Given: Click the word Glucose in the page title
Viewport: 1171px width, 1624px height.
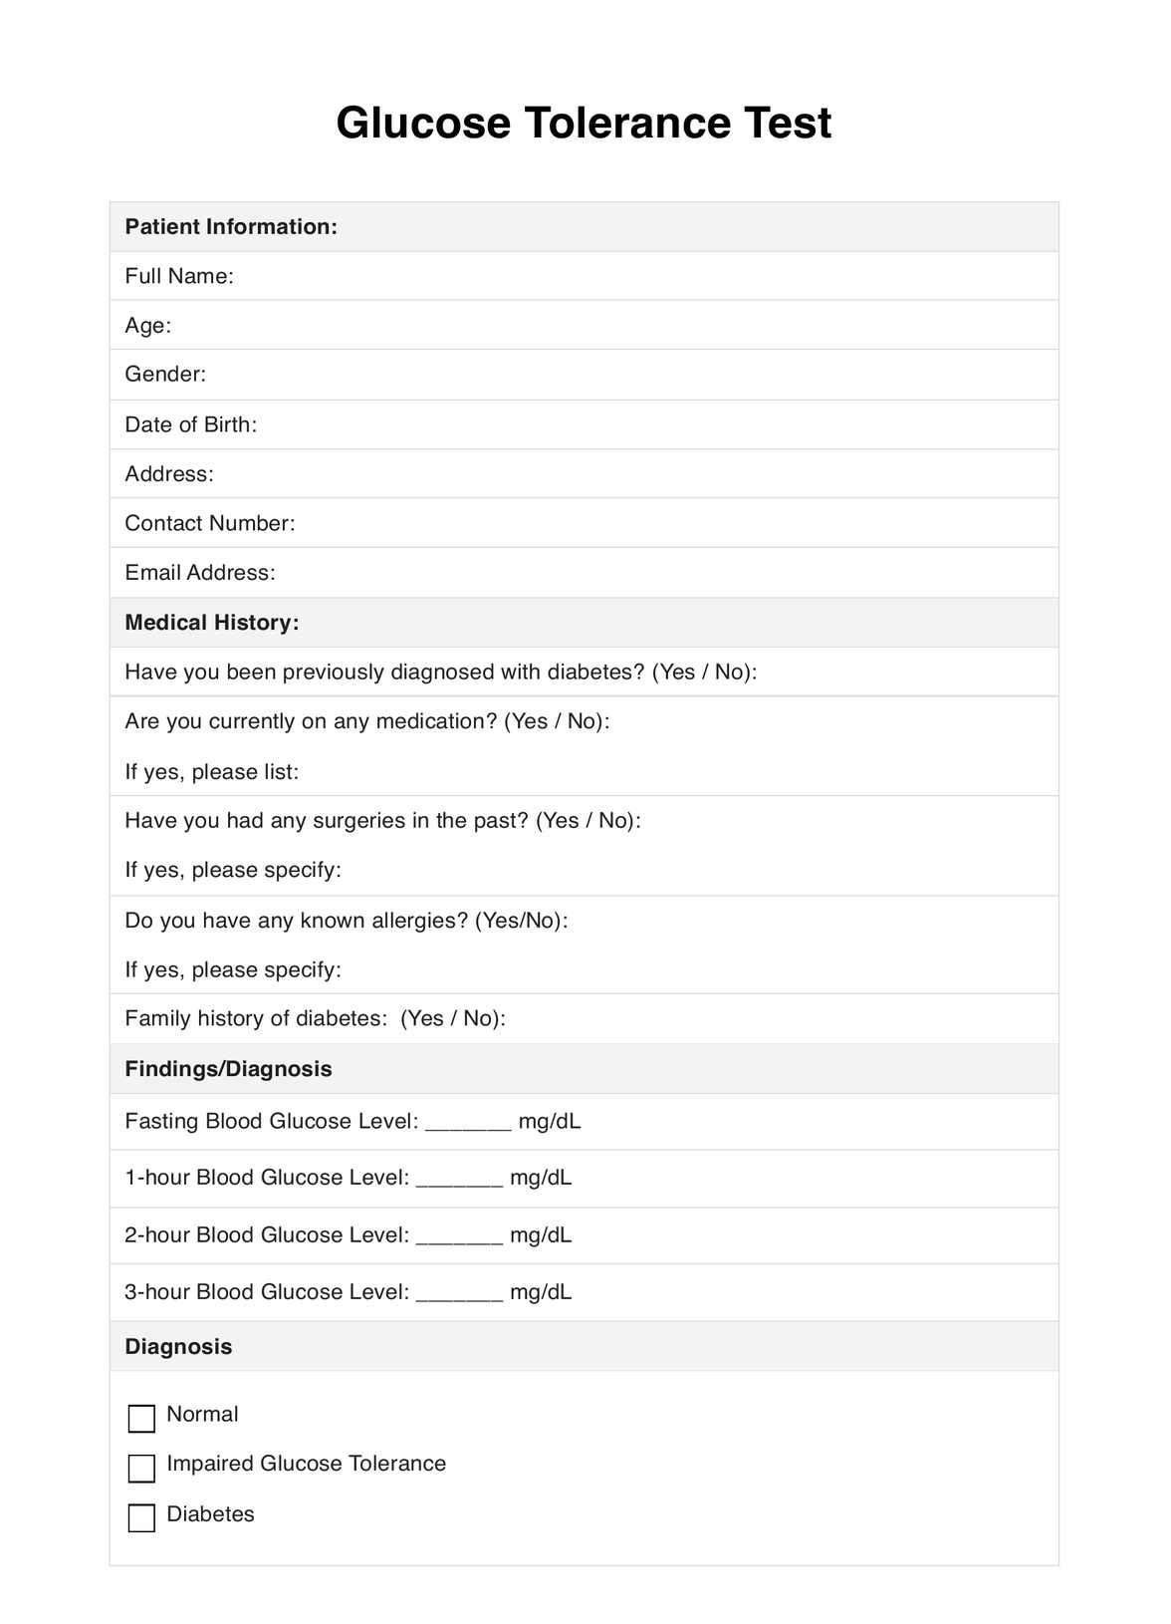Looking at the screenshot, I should [x=422, y=124].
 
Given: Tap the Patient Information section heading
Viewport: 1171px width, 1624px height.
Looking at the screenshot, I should [x=231, y=227].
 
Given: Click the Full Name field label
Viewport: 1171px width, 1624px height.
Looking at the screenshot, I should [x=179, y=276].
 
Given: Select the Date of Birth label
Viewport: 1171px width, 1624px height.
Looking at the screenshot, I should [x=190, y=424].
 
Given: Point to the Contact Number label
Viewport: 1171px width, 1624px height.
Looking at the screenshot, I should [x=210, y=523].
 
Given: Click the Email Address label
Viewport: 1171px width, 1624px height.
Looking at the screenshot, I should [x=200, y=573].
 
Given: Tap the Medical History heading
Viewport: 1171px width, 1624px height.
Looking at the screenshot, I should [x=212, y=623].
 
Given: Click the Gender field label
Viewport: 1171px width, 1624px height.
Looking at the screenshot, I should [x=165, y=375].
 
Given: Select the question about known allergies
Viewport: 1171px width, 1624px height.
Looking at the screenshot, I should [x=347, y=921].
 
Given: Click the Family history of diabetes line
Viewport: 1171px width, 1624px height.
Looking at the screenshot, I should [x=315, y=1018].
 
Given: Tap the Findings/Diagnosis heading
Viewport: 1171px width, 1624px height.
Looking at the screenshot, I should [x=228, y=1069].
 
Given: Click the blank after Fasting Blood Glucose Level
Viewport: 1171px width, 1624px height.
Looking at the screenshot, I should [x=468, y=1124].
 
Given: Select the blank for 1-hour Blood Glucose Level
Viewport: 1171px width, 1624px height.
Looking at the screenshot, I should [x=459, y=1180].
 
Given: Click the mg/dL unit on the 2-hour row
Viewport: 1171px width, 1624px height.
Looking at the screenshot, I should [x=541, y=1235].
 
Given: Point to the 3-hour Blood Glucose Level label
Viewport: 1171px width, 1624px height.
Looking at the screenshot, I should [x=267, y=1292].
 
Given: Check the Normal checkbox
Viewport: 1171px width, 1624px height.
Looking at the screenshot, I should [x=142, y=1418].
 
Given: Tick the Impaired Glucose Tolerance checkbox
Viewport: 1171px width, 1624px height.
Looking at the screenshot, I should [x=142, y=1468].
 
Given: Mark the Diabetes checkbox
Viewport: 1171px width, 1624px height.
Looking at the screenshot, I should [x=142, y=1517].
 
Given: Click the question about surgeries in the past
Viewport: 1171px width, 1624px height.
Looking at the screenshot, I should [x=382, y=821].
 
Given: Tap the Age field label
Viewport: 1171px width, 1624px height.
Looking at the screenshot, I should [x=148, y=326].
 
